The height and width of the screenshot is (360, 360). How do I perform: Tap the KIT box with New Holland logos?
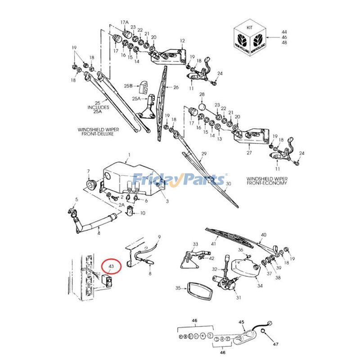[250, 38]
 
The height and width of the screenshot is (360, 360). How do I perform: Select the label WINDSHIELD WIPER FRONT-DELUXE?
[94, 131]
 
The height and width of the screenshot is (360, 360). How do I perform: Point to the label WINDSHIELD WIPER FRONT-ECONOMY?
[266, 181]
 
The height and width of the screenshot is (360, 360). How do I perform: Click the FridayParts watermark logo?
[180, 180]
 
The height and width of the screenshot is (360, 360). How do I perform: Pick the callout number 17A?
[125, 22]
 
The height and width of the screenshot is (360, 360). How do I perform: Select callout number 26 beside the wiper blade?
[176, 87]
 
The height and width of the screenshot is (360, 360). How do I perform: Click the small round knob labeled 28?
[202, 107]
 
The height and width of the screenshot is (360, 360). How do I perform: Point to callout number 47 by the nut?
[276, 344]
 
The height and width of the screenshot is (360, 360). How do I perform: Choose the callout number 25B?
[128, 85]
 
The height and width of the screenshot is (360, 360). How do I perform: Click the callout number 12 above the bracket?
[182, 41]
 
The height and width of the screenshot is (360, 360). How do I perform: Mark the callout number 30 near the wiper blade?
[228, 184]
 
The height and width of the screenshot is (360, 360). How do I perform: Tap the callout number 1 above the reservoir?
[128, 155]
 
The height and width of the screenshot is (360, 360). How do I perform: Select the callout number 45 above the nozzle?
[241, 322]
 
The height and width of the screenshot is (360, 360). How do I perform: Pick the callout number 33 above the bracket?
[195, 244]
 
